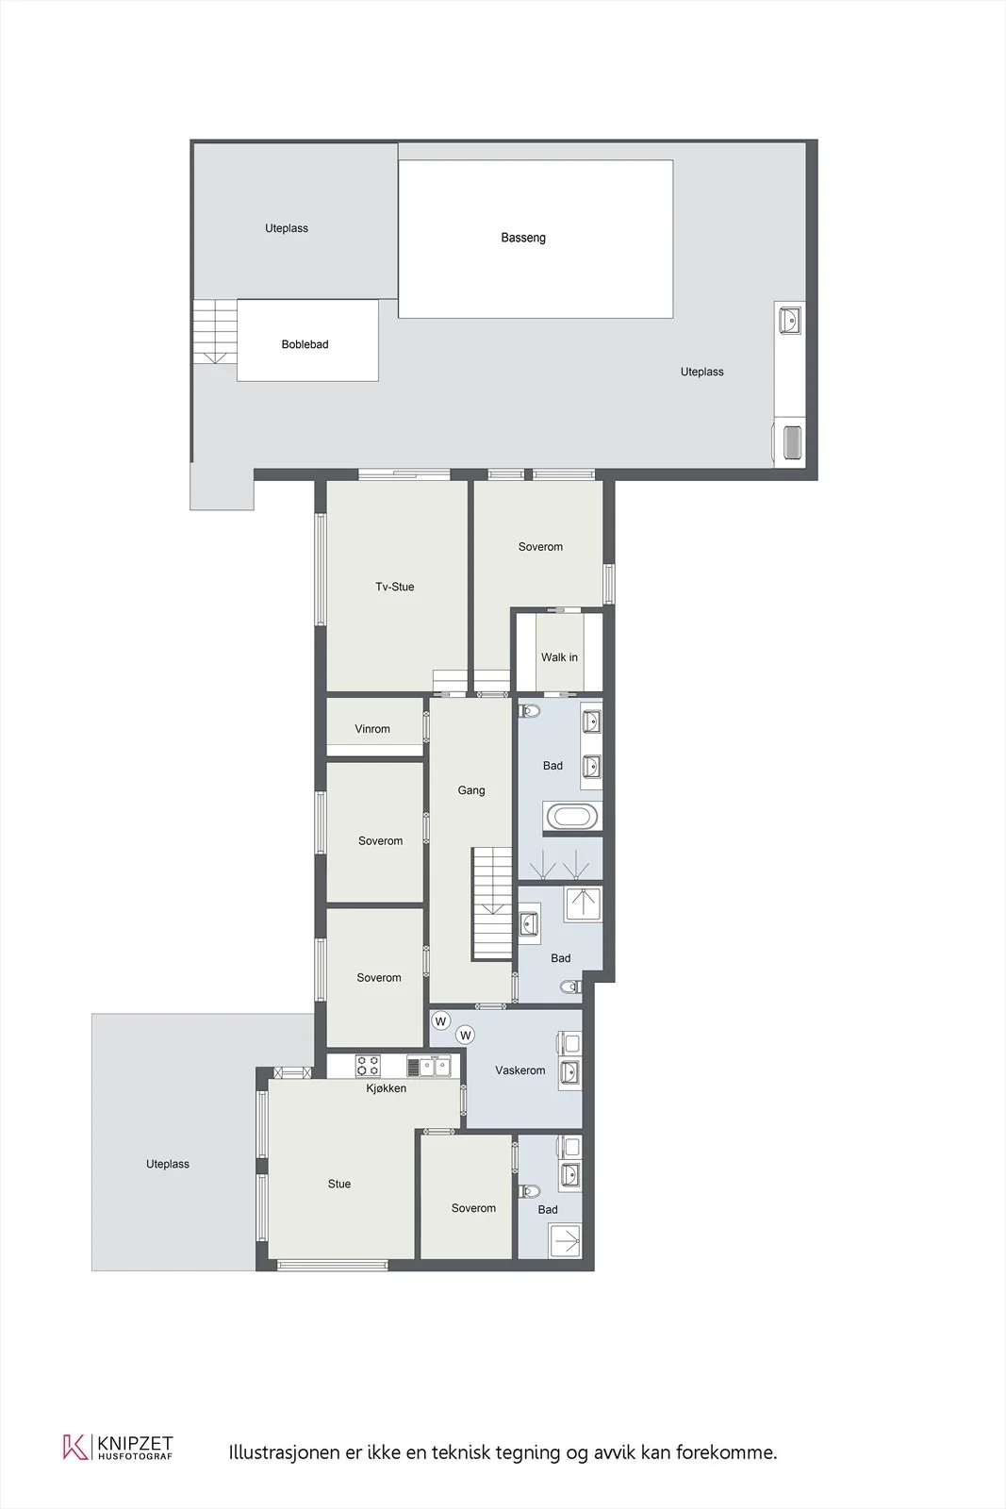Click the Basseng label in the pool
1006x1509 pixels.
[x=523, y=238]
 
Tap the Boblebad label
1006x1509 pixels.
[x=305, y=344]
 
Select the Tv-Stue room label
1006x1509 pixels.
[x=395, y=587]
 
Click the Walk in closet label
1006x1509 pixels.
[x=559, y=657]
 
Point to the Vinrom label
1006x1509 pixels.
[x=372, y=729]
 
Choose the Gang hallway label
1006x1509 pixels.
[x=471, y=790]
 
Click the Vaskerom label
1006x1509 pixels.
[x=519, y=1070]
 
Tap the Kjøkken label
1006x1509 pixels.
[x=386, y=1088]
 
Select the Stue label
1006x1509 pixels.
[x=339, y=1185]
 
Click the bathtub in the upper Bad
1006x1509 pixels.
[x=571, y=817]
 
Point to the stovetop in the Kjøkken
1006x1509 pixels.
[x=368, y=1066]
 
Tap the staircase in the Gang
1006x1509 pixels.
[x=492, y=903]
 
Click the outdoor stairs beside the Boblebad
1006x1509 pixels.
[x=215, y=331]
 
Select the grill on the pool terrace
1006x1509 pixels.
[x=792, y=442]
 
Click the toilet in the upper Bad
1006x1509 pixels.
[x=529, y=711]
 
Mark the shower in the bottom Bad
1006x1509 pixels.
[x=566, y=1241]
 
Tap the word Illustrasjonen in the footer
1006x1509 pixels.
[x=284, y=1451]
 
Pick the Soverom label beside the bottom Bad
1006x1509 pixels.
[x=473, y=1208]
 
